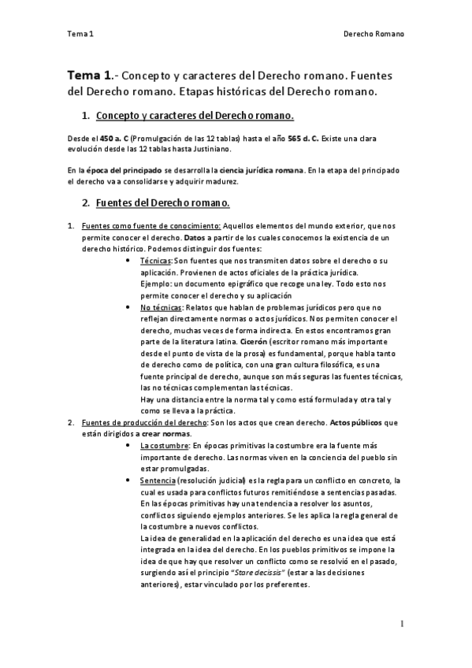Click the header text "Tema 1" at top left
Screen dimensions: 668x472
click(80, 35)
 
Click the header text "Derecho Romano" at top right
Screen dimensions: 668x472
click(374, 35)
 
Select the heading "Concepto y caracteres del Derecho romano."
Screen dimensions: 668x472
click(194, 117)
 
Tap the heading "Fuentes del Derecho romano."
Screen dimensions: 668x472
click(162, 203)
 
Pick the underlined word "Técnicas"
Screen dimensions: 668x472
click(155, 259)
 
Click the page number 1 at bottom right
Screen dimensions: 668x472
click(401, 623)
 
